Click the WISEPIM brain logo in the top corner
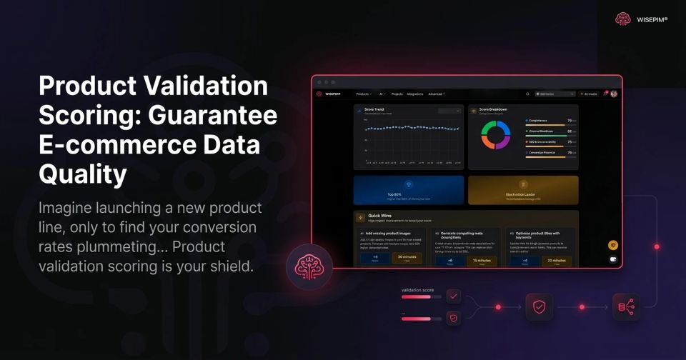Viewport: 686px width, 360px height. click(x=623, y=19)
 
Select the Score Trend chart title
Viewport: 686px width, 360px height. click(x=375, y=109)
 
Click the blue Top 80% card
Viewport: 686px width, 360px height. click(x=409, y=190)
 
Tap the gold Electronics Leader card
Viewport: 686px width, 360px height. click(x=523, y=190)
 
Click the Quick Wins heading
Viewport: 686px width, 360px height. click(x=379, y=215)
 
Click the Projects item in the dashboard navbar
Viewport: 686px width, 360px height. click(x=397, y=94)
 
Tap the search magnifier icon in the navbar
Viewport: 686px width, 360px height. click(x=528, y=94)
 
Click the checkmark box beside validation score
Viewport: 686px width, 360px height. click(x=454, y=296)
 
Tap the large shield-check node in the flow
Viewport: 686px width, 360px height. click(x=540, y=306)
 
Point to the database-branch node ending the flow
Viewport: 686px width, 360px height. click(x=625, y=306)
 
